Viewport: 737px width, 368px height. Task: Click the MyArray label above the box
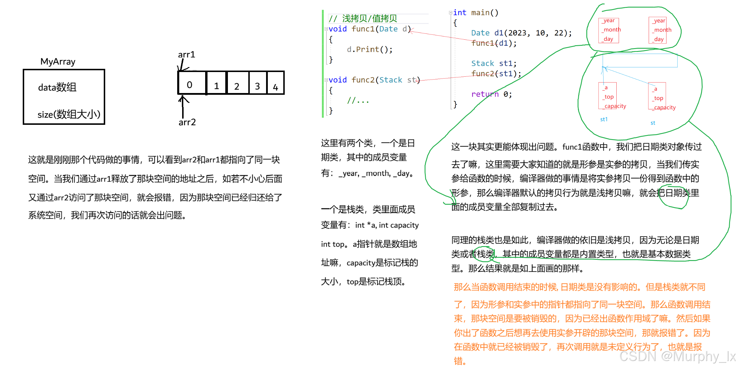coord(58,62)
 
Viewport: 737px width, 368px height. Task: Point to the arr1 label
coord(187,55)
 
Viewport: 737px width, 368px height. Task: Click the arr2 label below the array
coord(187,122)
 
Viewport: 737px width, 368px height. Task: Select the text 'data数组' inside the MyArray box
coord(57,87)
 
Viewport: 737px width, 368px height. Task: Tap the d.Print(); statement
coord(370,49)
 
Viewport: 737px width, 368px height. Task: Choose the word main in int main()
coord(480,13)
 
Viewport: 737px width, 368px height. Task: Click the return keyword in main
coord(485,94)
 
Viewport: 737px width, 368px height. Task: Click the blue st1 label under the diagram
coord(604,119)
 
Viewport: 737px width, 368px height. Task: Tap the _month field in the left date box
coord(611,30)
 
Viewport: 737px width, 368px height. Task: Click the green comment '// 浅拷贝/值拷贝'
coord(363,18)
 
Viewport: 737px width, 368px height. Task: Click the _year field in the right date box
coord(659,21)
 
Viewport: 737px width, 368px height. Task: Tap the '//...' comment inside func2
coord(358,101)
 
